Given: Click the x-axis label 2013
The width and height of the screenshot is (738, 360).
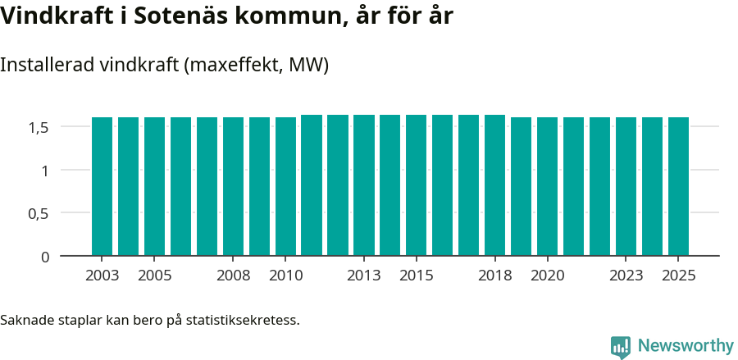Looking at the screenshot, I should coord(364,276).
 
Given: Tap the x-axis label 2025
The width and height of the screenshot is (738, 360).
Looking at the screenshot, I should coord(678,276).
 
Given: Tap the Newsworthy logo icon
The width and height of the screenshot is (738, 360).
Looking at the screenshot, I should coord(621,347).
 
